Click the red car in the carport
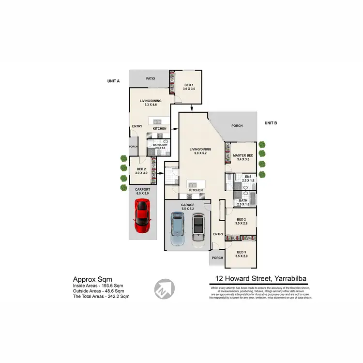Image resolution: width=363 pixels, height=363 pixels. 142,216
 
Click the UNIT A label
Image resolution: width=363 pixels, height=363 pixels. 113,82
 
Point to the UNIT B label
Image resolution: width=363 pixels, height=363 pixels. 271,123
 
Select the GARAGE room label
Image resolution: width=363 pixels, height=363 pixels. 188,205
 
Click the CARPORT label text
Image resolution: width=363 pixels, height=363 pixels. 143,189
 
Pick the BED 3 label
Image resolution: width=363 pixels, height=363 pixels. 242,252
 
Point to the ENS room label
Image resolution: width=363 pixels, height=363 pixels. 248,177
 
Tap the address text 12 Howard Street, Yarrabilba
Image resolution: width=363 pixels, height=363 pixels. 260,278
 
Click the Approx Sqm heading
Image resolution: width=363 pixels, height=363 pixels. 92,279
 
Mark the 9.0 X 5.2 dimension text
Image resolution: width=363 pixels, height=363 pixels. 200,153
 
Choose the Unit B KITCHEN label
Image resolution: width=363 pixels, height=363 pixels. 196,190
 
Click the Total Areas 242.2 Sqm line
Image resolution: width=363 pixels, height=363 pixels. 101,296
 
